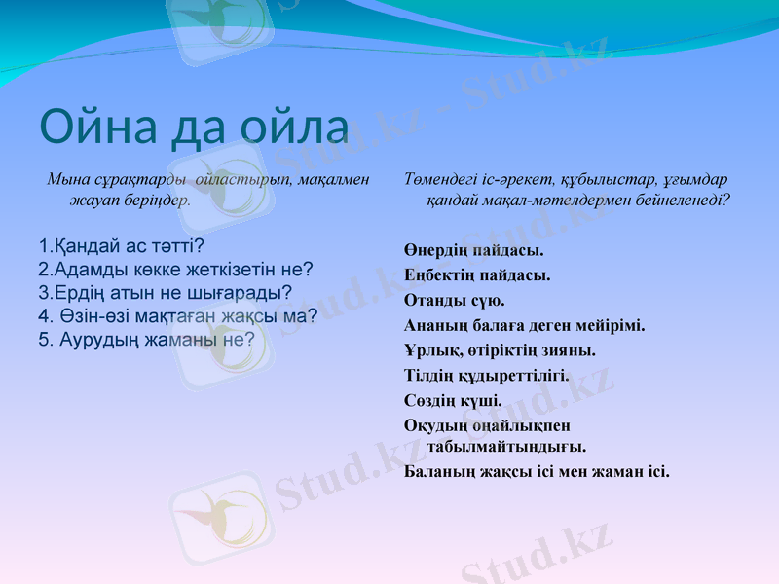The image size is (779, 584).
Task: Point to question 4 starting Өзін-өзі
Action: coord(178,315)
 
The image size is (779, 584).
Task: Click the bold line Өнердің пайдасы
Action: coord(473,250)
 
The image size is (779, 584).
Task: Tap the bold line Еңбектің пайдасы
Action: coord(477,275)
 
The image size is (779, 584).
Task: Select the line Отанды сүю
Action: coord(454,300)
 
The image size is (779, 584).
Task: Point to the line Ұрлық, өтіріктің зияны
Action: coord(500,350)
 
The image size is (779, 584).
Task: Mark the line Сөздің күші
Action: coord(453,400)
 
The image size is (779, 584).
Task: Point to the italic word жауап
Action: coord(94,201)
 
